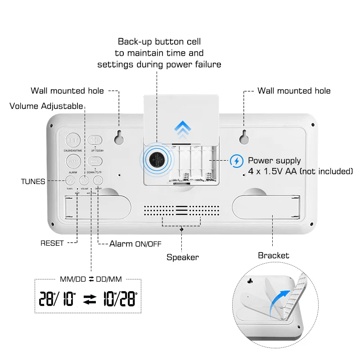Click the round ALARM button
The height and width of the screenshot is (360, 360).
[72, 161]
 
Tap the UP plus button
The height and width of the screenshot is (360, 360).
[95, 140]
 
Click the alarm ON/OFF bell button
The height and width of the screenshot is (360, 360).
[98, 180]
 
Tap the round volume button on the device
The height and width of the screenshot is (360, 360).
[85, 180]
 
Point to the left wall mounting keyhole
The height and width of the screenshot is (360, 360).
[119, 137]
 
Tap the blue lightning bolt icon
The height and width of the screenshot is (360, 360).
[236, 161]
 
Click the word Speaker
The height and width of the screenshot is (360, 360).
[182, 257]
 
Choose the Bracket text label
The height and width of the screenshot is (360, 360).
[274, 256]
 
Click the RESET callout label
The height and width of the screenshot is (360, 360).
[52, 243]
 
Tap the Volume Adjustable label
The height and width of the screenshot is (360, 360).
[46, 106]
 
